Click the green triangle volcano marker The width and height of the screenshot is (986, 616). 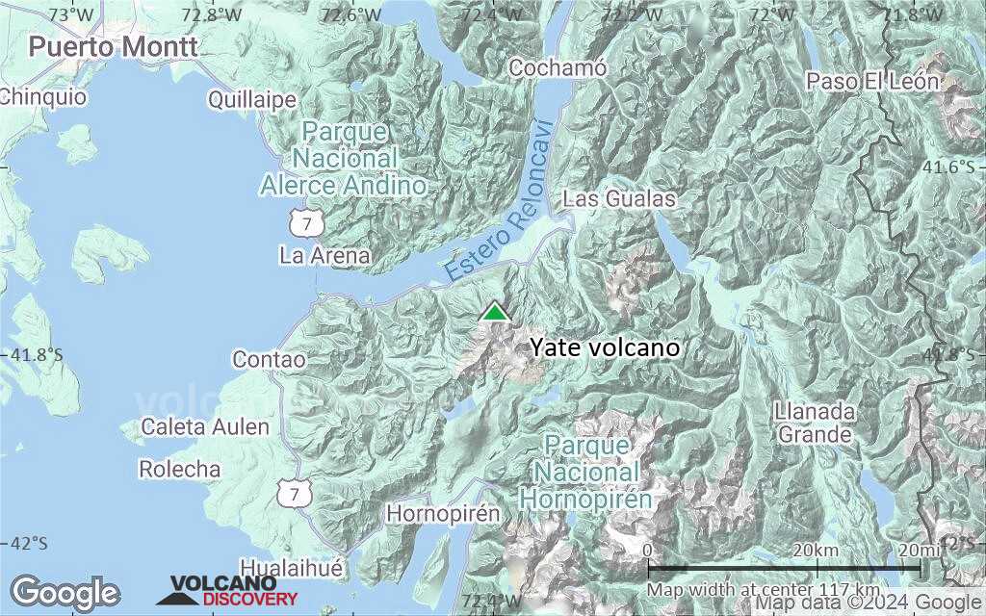pos(495,312)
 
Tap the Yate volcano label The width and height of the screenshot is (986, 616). pos(605,347)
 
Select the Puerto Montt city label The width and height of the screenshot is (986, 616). pos(114,45)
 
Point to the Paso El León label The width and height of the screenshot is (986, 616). pos(873,81)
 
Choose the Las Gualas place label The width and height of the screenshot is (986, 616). pos(619,199)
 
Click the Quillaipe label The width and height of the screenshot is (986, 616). pos(252,100)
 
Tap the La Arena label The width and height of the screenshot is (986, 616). pos(324,255)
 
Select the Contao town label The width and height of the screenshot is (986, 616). pos(269,360)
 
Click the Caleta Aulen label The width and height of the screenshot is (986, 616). pos(205,426)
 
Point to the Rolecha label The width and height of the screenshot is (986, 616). pos(180,470)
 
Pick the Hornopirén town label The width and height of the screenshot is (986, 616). pos(443,514)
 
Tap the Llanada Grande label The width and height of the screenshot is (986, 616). pos(815,423)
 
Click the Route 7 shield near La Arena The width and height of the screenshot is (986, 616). pos(305,223)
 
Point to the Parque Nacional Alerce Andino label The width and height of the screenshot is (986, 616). pos(343,158)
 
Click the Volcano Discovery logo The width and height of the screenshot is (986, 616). pos(227,590)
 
